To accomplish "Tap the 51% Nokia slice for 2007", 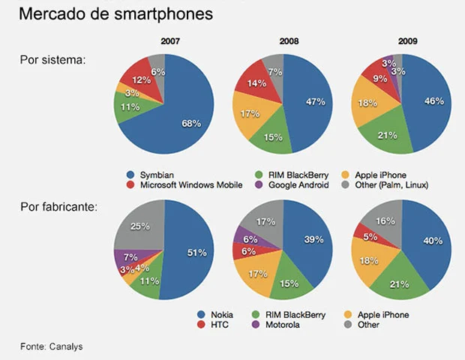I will (196, 253).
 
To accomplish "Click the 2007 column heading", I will (170, 40).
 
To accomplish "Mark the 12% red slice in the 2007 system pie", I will (136, 80).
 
